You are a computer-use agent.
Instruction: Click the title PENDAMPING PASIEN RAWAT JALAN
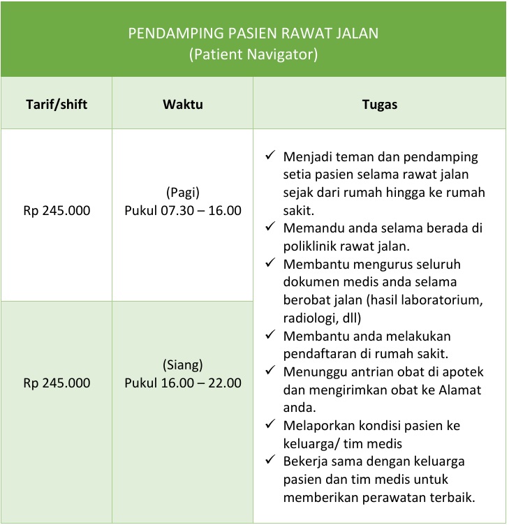(x=253, y=34)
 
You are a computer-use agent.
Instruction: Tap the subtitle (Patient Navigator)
(x=253, y=54)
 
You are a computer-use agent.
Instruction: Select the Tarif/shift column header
(x=57, y=105)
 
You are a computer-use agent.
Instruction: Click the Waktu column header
(x=183, y=105)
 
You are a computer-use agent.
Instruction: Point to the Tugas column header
(x=380, y=105)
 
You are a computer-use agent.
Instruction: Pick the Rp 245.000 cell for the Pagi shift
(x=57, y=210)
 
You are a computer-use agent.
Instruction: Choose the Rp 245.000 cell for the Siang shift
(x=57, y=383)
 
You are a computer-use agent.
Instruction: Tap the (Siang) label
(x=183, y=365)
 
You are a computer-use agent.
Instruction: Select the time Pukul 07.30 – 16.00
(x=183, y=210)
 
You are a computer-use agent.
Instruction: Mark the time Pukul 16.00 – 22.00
(x=183, y=383)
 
